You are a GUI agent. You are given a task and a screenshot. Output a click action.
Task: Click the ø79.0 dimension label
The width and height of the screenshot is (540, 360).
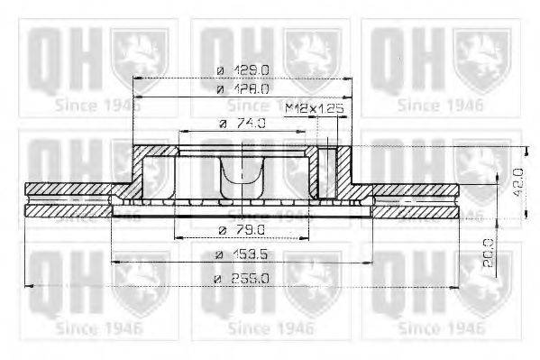(x=242, y=229)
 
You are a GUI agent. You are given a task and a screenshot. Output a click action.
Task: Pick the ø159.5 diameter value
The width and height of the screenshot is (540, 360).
(x=242, y=255)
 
